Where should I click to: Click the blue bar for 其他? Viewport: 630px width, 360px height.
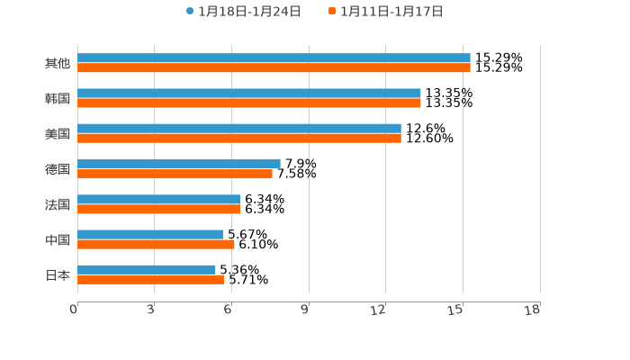click(x=274, y=58)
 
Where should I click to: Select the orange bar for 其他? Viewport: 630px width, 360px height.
click(x=274, y=68)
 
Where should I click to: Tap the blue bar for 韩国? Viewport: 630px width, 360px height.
click(x=249, y=94)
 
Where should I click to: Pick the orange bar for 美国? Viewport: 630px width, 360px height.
click(x=239, y=139)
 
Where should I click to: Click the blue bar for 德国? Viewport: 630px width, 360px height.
click(x=179, y=164)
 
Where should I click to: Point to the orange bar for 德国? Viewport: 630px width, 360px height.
click(x=175, y=174)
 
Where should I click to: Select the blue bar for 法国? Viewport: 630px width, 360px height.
click(x=159, y=199)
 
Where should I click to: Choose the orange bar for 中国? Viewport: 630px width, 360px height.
click(x=156, y=244)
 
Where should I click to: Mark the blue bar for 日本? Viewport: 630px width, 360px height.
click(x=147, y=269)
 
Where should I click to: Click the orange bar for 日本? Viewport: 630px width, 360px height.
click(x=151, y=279)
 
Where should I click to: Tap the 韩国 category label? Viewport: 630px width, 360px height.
click(x=58, y=98)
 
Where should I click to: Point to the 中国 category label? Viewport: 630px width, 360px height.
click(x=58, y=239)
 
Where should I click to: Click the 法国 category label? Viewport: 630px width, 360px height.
click(x=58, y=204)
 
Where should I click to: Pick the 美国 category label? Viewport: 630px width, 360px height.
click(x=58, y=133)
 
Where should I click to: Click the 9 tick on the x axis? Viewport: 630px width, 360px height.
click(x=305, y=310)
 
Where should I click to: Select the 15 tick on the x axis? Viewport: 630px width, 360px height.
click(x=456, y=310)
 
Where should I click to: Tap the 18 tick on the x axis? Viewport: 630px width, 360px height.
click(x=533, y=310)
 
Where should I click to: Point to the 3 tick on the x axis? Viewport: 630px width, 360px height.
click(x=150, y=310)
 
